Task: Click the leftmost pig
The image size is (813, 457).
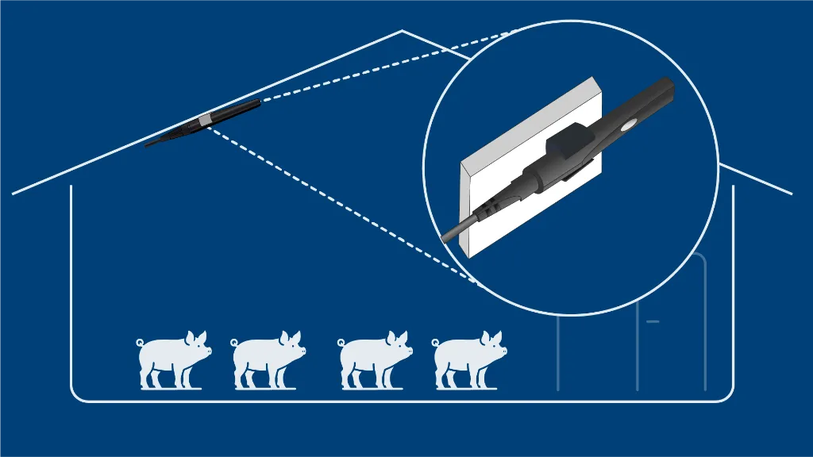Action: coord(171,361)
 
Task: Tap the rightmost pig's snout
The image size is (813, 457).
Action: coord(503,350)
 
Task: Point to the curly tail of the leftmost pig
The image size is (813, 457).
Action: coord(141,343)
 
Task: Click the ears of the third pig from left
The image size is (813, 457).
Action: coord(395,336)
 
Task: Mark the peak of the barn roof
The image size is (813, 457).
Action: coord(402,31)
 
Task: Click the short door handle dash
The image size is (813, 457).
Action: coord(653,321)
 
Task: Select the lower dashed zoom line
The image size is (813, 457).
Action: coord(341,206)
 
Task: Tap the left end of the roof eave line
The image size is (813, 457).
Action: coord(14,193)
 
